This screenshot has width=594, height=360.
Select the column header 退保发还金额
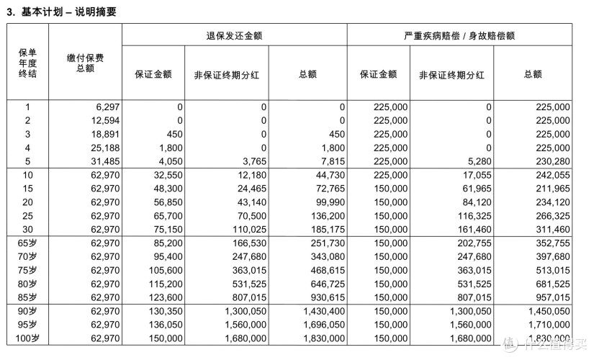233,35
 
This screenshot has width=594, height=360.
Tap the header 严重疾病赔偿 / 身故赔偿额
459,35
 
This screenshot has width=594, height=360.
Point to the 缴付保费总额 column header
85,63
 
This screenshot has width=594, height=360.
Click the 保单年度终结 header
27,63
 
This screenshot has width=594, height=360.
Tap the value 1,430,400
325,311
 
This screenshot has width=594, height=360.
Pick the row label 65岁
27,243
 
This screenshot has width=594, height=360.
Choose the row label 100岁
27,338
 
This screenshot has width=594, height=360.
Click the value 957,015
554,297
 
